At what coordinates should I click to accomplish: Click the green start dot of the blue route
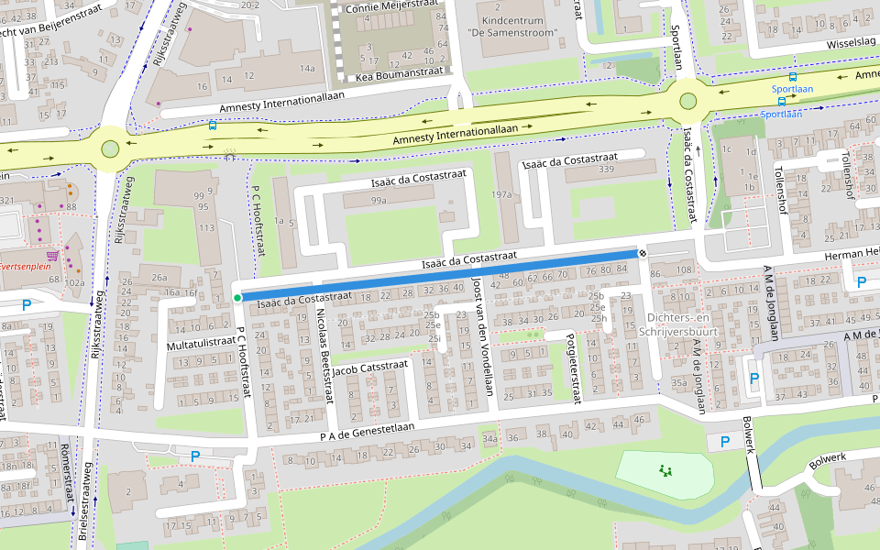tap(237, 298)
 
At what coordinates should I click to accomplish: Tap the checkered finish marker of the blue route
tap(643, 252)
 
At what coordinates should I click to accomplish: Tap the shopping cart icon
tap(53, 255)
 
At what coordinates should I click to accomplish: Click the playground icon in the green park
tap(665, 471)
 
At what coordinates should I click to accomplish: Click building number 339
tap(606, 170)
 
